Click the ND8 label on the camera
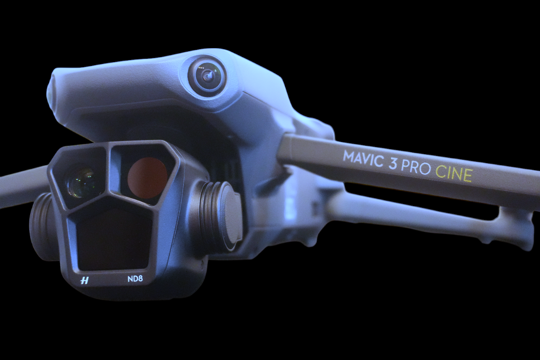[x=135, y=279]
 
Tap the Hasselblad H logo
[x=84, y=280]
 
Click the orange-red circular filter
[x=147, y=178]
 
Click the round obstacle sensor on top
[x=207, y=76]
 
